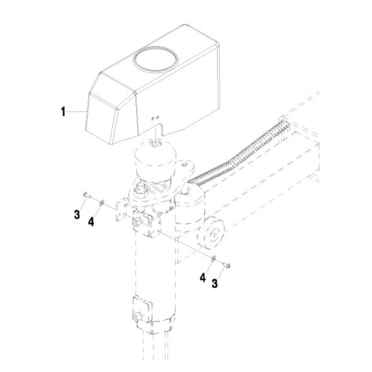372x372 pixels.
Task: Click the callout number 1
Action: tap(63, 112)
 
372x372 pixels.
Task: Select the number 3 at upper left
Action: tap(77, 215)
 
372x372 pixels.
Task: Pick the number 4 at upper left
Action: tap(91, 222)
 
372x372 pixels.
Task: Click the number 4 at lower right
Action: tap(203, 278)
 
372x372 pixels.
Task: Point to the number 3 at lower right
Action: tap(214, 283)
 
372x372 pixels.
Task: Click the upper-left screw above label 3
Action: tap(86, 194)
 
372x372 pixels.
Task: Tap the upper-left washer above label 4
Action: tap(101, 202)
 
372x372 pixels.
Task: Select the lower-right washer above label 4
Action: tap(213, 259)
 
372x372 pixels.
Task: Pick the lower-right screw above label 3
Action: tap(227, 265)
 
